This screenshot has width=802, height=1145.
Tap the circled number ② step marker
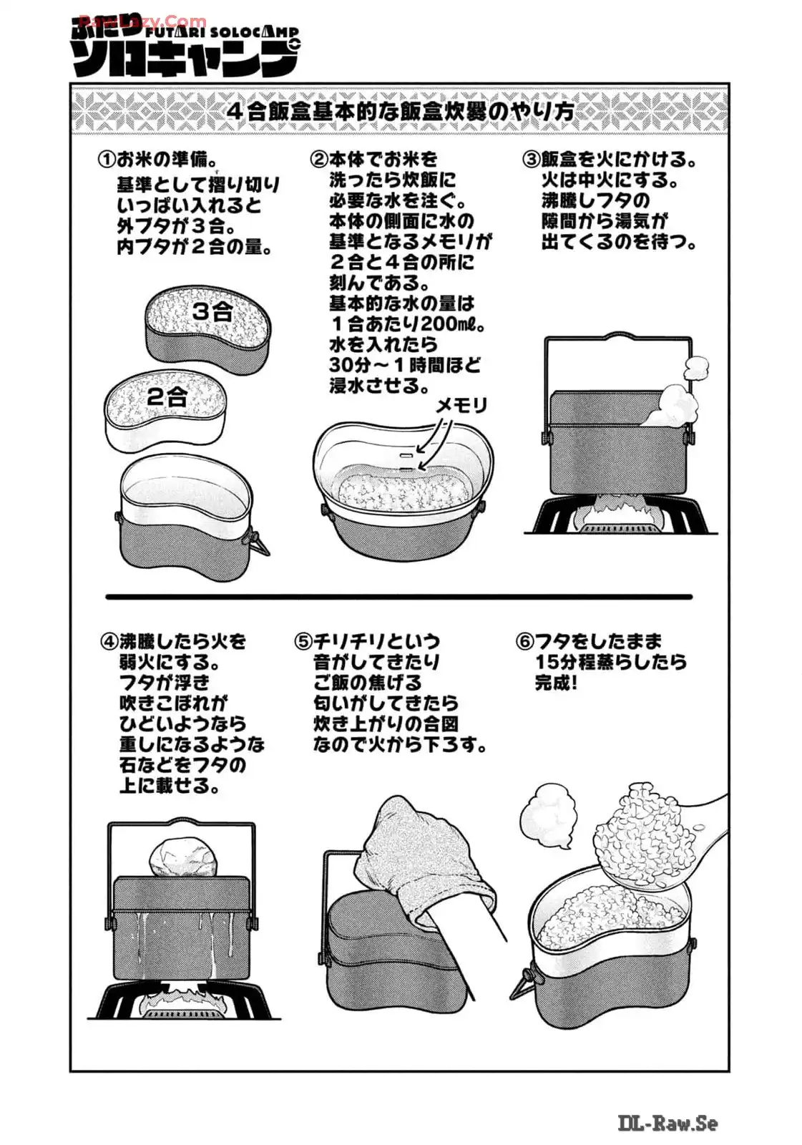tap(319, 160)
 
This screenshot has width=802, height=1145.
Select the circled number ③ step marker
tap(532, 160)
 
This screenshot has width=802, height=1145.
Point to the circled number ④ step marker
tap(110, 641)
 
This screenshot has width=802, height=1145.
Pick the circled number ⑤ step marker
tap(303, 641)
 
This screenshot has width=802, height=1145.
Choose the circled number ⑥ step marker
tap(524, 641)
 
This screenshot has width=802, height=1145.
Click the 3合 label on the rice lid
tap(212, 311)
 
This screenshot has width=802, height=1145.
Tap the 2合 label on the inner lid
tap(167, 396)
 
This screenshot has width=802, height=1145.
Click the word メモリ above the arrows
tap(461, 406)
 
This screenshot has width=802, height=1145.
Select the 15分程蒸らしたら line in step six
tap(611, 663)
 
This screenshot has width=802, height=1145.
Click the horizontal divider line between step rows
tap(398, 597)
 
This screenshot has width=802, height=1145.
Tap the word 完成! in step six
tap(556, 683)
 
